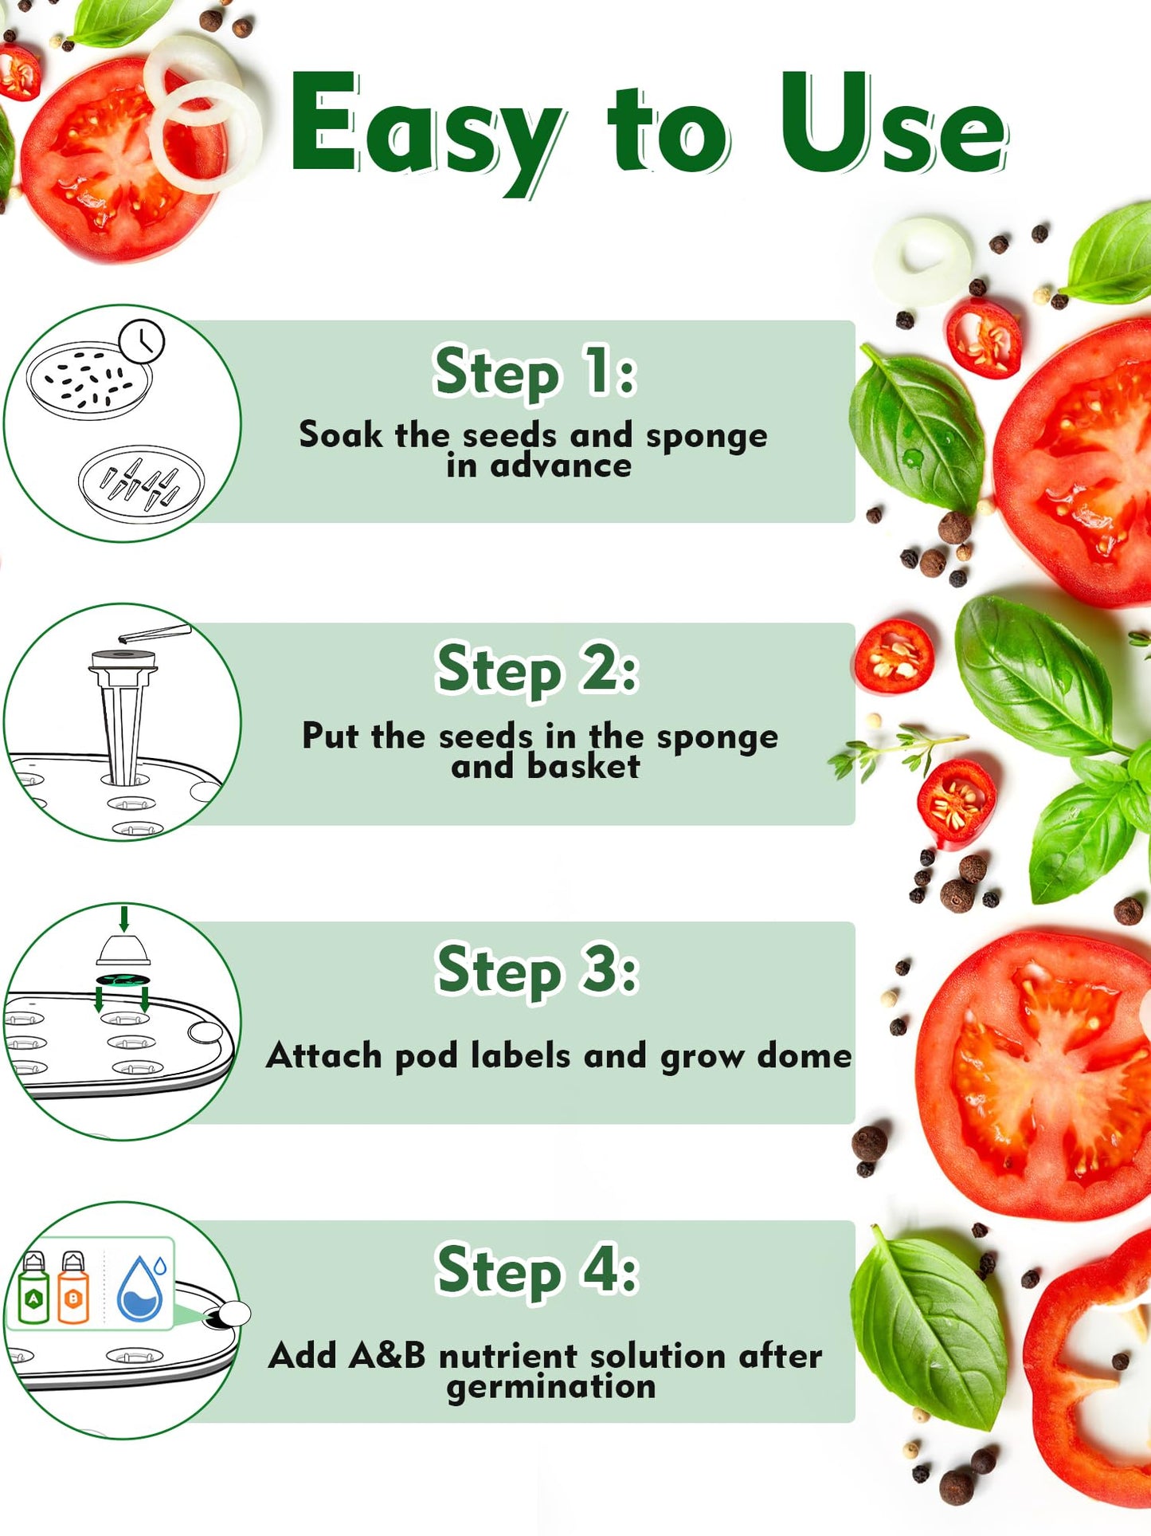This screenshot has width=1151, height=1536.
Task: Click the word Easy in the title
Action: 426,132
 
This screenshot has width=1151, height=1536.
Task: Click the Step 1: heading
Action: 535,372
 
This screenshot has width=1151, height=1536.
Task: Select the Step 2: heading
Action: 537,670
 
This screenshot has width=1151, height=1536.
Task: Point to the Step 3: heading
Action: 537,970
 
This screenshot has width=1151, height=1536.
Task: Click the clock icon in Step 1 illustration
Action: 142,342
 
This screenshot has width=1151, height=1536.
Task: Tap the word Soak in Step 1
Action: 341,434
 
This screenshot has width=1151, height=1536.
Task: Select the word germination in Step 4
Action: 551,1388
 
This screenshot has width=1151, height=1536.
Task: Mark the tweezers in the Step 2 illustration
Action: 155,634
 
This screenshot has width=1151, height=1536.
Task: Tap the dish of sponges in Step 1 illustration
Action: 142,484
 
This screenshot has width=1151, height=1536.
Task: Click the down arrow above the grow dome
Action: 123,918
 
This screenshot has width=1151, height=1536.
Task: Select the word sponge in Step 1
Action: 707,437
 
